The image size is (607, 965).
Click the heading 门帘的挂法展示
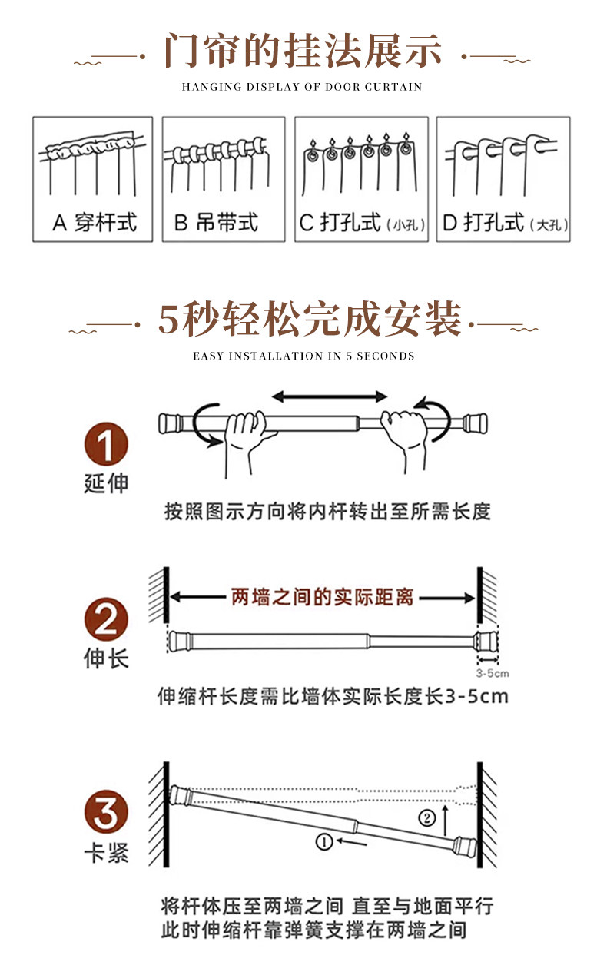coord(303,51)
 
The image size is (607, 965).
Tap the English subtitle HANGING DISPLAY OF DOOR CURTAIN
coord(302,87)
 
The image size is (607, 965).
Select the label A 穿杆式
coord(94,223)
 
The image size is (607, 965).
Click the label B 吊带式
coord(216,223)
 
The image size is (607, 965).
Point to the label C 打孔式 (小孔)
coord(362,224)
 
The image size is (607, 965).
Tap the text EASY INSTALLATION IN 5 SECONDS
coord(303,356)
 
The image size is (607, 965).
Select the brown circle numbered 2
coord(106,620)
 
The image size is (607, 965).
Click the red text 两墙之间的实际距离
coord(322,597)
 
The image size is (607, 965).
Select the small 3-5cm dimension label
coord(493,674)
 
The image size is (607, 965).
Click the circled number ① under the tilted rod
coord(323,842)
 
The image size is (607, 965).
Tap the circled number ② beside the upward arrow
coord(426,817)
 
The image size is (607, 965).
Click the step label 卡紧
coord(106,853)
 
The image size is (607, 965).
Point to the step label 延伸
coord(106,484)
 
